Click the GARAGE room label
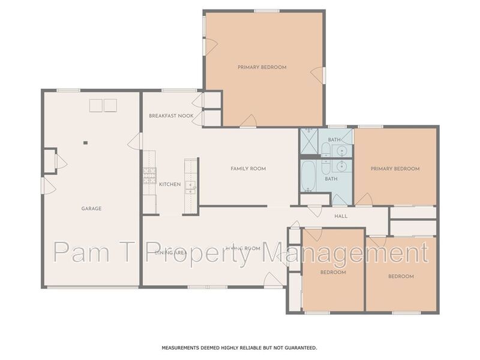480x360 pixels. [91, 209]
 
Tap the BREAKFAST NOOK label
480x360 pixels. [171, 115]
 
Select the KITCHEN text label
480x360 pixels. [169, 184]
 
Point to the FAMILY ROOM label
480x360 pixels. [248, 169]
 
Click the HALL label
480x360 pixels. [341, 216]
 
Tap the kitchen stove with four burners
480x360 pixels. [149, 175]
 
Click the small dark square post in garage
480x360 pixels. [85, 143]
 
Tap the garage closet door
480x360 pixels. [59, 161]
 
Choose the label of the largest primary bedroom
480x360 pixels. [262, 67]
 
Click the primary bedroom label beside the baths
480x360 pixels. [394, 169]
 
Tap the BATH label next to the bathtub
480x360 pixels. [331, 179]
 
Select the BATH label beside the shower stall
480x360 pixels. [334, 140]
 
